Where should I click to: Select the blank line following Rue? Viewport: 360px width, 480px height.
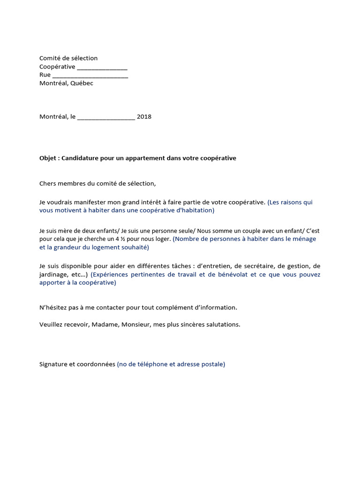tap(90, 75)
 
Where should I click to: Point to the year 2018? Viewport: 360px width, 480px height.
tap(144, 117)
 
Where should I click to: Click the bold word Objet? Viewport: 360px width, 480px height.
tap(48, 158)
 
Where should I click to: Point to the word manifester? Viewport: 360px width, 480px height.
tap(91, 202)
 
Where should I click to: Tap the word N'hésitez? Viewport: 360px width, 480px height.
tap(53, 308)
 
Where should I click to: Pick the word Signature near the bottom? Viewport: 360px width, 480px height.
tap(54, 364)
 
